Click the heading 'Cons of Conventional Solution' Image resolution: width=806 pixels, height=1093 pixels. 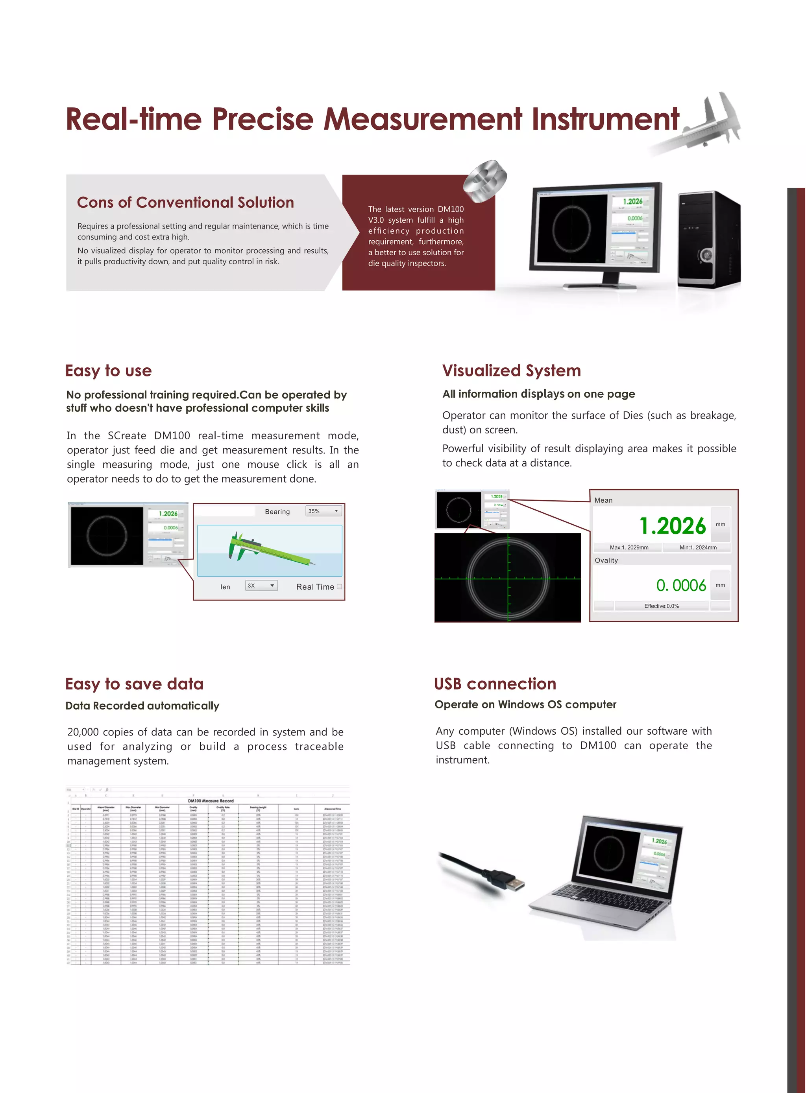(x=185, y=202)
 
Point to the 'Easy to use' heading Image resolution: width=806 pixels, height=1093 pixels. (x=108, y=370)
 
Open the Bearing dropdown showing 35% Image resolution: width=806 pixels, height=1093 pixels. (x=324, y=511)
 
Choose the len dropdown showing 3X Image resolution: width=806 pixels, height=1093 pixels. (x=261, y=586)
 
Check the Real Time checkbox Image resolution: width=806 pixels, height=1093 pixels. (x=340, y=586)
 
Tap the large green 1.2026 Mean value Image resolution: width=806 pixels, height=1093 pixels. (x=672, y=525)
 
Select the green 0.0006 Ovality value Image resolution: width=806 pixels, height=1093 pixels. (x=681, y=585)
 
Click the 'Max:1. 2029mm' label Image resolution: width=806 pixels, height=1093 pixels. (x=629, y=547)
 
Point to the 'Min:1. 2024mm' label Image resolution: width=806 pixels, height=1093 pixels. (x=698, y=547)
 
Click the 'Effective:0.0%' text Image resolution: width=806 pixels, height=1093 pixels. (x=661, y=606)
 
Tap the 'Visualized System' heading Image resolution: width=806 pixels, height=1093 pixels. (x=511, y=370)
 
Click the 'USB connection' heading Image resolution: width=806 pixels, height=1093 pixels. (x=495, y=684)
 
